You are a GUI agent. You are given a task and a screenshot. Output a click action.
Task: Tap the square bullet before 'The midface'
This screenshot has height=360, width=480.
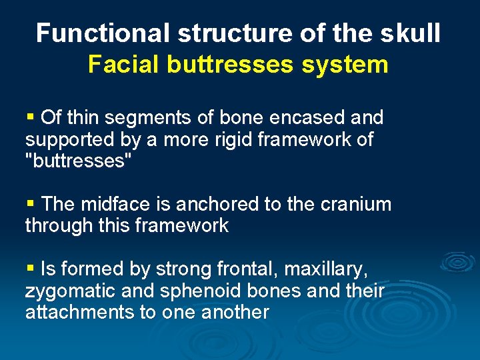pyautogui.click(x=30, y=204)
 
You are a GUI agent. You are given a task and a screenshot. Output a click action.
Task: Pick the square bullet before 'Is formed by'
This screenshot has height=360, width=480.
pyautogui.click(x=30, y=269)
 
